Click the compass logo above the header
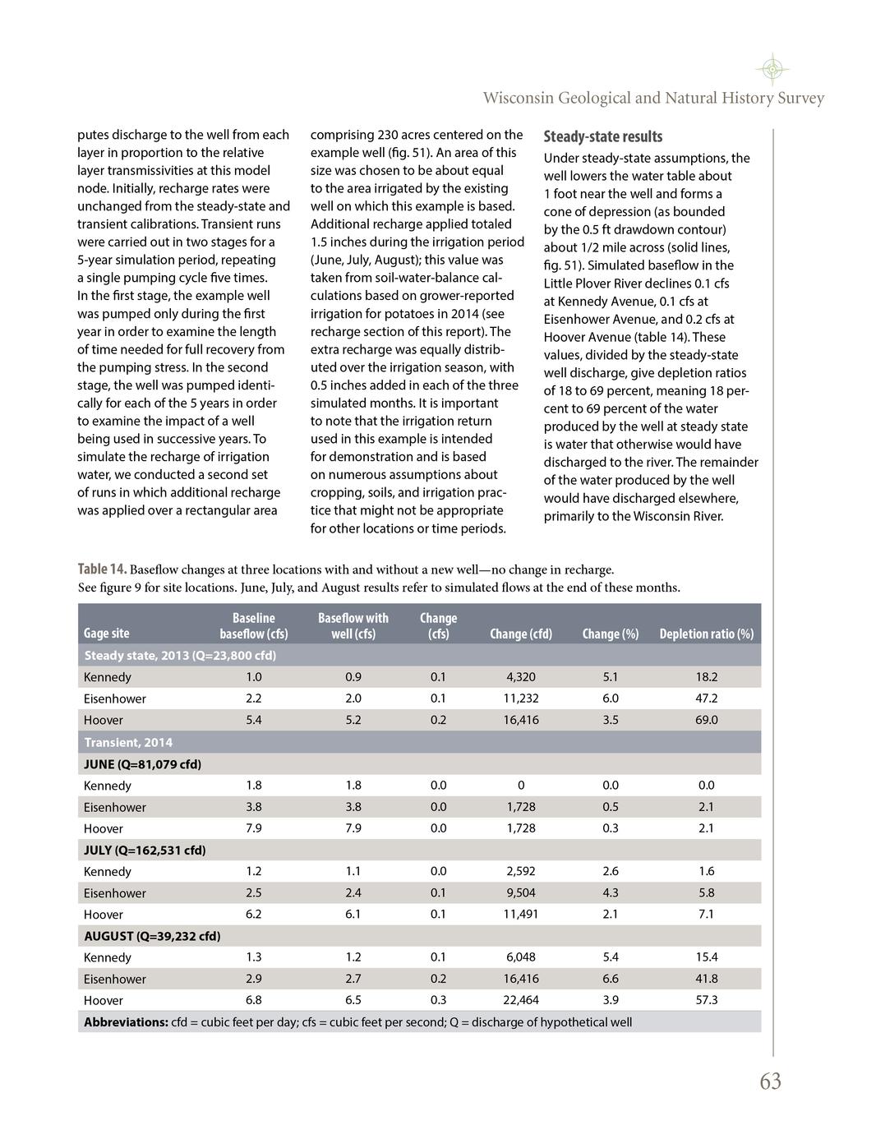[x=772, y=69]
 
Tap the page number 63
[x=770, y=1081]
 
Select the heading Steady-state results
[x=602, y=136]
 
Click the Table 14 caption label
[x=102, y=569]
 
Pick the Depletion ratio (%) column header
[x=706, y=634]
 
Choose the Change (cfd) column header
[x=520, y=634]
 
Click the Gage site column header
[x=107, y=634]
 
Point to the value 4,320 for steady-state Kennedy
[x=520, y=677]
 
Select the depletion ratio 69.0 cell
[x=706, y=720]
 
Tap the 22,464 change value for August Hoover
[x=520, y=1000]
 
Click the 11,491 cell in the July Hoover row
[x=520, y=914]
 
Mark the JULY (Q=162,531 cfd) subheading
[x=145, y=850]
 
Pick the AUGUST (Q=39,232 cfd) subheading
[x=152, y=936]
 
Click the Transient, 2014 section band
[x=128, y=742]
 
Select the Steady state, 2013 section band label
[x=180, y=655]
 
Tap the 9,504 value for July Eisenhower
[x=520, y=892]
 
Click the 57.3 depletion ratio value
[x=706, y=1000]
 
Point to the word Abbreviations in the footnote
[x=126, y=1022]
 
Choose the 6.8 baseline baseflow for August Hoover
[x=254, y=1000]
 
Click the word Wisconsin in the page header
[x=518, y=99]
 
